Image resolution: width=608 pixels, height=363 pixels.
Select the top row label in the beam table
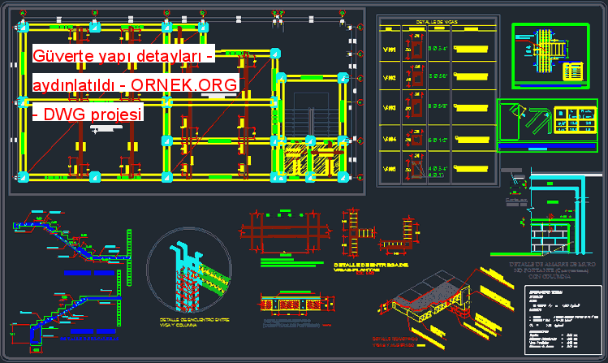(390, 50)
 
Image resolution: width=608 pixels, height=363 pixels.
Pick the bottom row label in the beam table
(390, 169)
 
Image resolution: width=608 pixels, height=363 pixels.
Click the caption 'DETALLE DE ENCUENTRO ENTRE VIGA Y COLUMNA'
(194, 323)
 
